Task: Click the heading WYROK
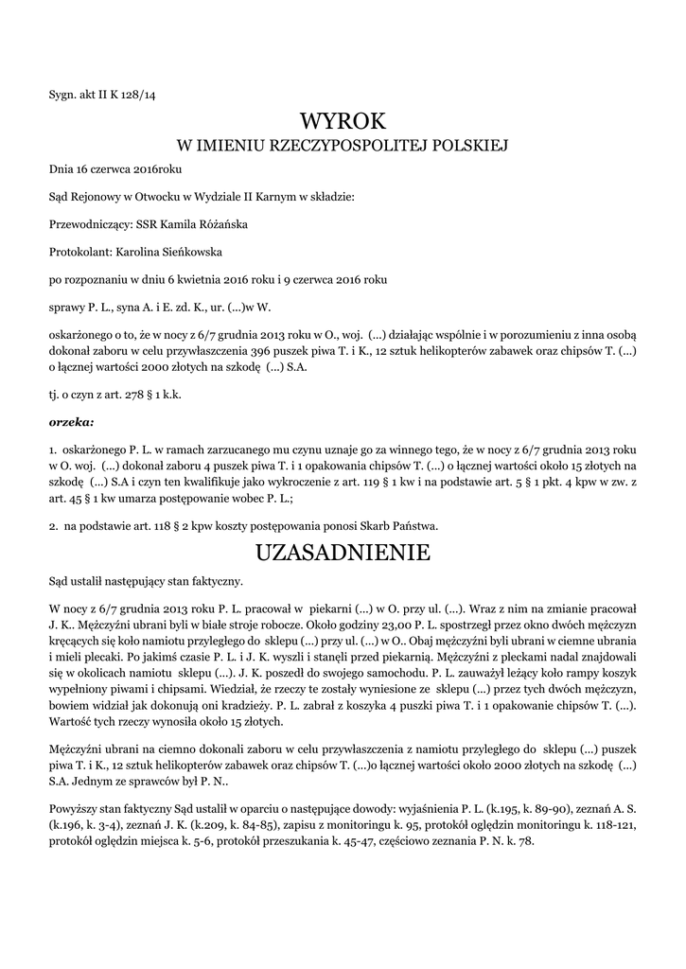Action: tap(343, 120)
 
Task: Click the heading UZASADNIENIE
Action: tap(343, 552)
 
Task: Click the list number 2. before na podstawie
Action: tap(54, 526)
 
